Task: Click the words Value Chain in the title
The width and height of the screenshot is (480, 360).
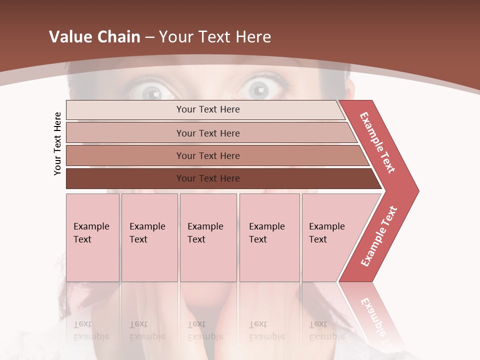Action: tap(94, 37)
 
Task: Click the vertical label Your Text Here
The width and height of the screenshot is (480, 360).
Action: tap(57, 143)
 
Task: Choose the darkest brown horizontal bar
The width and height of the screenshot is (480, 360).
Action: tap(125, 178)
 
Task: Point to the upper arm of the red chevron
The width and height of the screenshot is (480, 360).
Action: tap(377, 142)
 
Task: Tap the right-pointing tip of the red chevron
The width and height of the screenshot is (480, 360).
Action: tap(413, 190)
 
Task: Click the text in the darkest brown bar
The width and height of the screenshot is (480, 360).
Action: tap(208, 178)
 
